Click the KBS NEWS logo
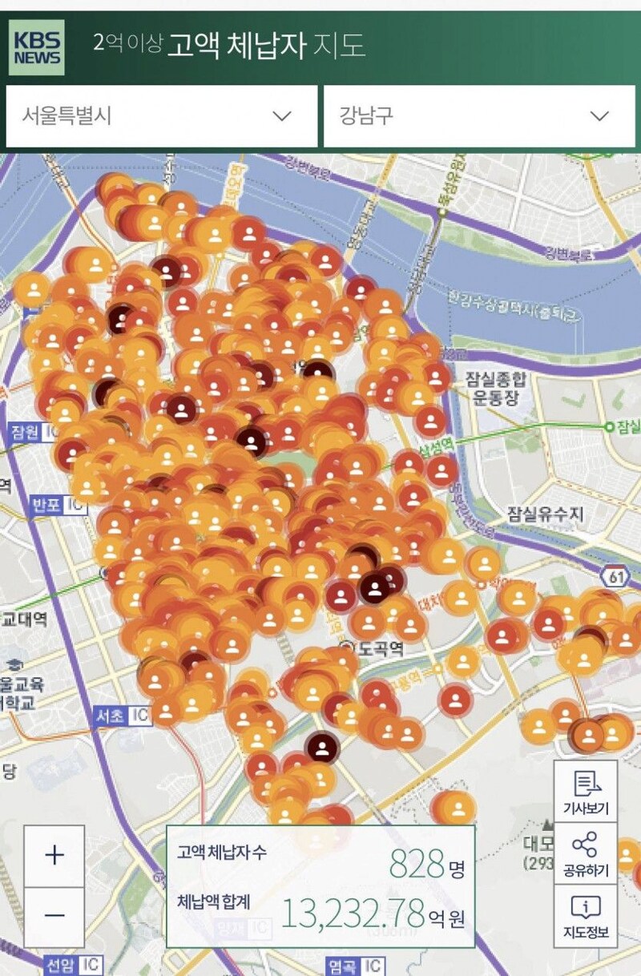(x=37, y=47)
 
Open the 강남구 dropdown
(x=478, y=116)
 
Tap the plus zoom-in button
(x=54, y=856)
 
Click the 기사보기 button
(x=586, y=792)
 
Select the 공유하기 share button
(x=586, y=853)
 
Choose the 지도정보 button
(x=586, y=916)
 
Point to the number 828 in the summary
(x=417, y=864)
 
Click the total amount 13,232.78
(x=353, y=913)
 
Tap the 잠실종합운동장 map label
(x=492, y=389)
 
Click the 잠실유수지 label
(x=545, y=514)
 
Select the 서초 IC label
(x=121, y=716)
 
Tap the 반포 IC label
(x=58, y=506)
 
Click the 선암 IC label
(x=73, y=965)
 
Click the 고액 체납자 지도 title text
(x=265, y=46)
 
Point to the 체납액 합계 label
(x=214, y=901)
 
